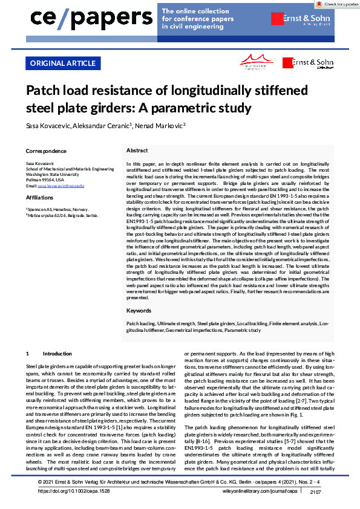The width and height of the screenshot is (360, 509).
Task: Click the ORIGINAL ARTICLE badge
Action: tap(62, 63)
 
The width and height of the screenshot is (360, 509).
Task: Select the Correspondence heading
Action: tap(46, 151)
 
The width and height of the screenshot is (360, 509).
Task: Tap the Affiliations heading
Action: tap(41, 198)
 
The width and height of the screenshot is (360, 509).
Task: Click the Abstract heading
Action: tap(138, 150)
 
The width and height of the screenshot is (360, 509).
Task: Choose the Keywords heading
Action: tap(139, 310)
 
